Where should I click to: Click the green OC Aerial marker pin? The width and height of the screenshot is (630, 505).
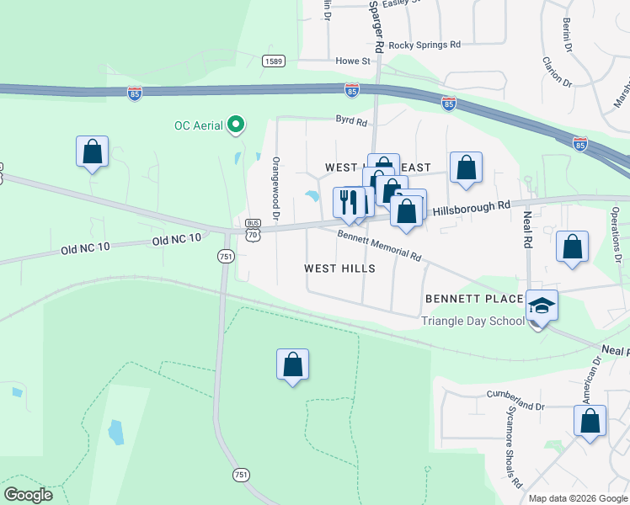237,125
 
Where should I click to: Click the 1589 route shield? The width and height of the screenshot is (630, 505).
273,61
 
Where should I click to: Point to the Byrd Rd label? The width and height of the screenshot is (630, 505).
352,122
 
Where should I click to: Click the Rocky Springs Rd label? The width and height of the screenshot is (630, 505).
424,45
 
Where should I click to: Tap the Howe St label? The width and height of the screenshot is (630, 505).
353,61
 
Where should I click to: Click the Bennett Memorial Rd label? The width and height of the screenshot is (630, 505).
379,245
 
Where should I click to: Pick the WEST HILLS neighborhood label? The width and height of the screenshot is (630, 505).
339,268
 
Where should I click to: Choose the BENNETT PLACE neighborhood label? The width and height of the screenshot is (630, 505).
474,299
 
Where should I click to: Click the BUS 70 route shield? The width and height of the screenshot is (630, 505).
253,231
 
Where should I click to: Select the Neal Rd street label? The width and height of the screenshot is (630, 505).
528,227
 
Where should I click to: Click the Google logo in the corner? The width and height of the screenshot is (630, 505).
28,495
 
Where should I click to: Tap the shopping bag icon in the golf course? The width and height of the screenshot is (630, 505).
292,364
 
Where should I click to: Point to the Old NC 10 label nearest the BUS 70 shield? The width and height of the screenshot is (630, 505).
177,238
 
